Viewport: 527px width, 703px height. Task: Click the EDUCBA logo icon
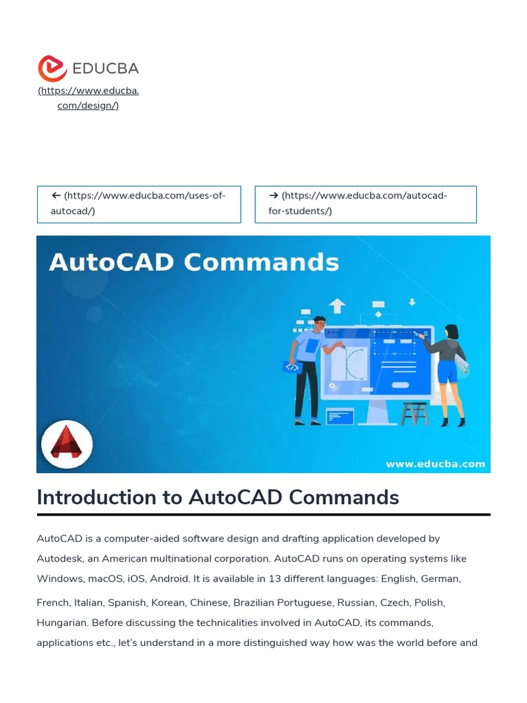(x=52, y=69)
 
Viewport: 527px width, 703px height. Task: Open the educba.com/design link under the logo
(x=88, y=98)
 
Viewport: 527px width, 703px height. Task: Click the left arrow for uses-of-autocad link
(x=56, y=196)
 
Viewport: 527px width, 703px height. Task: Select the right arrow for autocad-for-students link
(x=273, y=196)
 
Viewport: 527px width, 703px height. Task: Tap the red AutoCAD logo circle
(x=67, y=445)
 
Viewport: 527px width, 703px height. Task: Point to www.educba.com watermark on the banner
(x=435, y=464)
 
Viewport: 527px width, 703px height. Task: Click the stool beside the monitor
(x=414, y=412)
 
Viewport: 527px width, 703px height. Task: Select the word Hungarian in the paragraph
(x=61, y=623)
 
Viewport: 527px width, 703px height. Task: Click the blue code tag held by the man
(x=292, y=367)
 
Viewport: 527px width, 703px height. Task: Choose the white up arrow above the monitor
(x=337, y=306)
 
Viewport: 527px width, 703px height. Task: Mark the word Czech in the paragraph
(x=395, y=603)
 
